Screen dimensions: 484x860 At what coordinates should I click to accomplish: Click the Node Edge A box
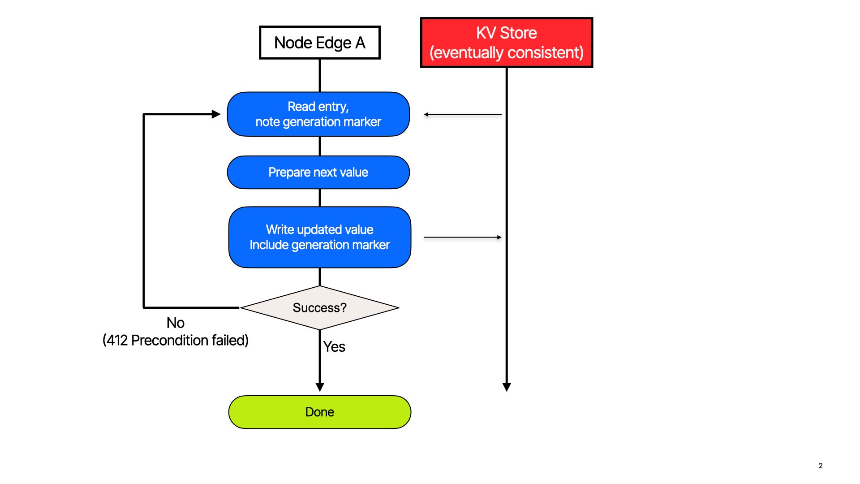pyautogui.click(x=319, y=43)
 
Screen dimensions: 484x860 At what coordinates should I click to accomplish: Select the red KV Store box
pyautogui.click(x=506, y=43)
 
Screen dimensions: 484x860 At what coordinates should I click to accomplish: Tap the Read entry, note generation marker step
pyautogui.click(x=318, y=114)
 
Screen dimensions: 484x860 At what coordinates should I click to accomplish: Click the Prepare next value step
pyautogui.click(x=318, y=173)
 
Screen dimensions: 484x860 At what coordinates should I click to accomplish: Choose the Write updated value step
pyautogui.click(x=319, y=237)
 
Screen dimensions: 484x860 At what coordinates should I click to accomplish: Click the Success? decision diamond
pyautogui.click(x=319, y=308)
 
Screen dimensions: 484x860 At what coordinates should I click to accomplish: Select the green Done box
pyautogui.click(x=319, y=412)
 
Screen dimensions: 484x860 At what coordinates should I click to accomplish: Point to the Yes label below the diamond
pyautogui.click(x=334, y=347)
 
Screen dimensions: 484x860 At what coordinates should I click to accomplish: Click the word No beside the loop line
pyautogui.click(x=175, y=323)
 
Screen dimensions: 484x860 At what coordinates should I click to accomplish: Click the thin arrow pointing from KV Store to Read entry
pyautogui.click(x=463, y=115)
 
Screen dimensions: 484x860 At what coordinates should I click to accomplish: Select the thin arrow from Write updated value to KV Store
pyautogui.click(x=463, y=237)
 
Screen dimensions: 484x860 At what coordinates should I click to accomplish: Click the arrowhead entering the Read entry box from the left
pyautogui.click(x=216, y=114)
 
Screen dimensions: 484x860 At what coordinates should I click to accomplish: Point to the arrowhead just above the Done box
pyautogui.click(x=320, y=387)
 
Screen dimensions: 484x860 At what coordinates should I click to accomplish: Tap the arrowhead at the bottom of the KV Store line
pyautogui.click(x=507, y=387)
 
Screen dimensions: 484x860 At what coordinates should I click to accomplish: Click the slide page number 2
pyautogui.click(x=820, y=466)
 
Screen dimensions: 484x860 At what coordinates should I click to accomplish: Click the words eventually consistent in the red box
pyautogui.click(x=506, y=53)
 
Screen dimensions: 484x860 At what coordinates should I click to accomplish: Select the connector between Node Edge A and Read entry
pyautogui.click(x=320, y=75)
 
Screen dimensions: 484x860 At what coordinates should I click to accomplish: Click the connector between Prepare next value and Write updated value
pyautogui.click(x=320, y=198)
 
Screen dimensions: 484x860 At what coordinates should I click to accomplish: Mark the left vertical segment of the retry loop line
pyautogui.click(x=144, y=211)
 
